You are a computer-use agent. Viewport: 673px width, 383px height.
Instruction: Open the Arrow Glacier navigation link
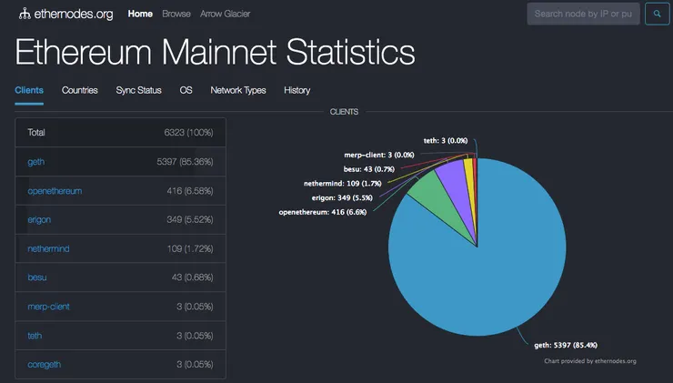[x=226, y=15]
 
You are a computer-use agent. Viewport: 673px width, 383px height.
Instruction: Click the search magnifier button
[x=657, y=14]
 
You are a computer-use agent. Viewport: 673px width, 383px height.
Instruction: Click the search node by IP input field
[x=583, y=14]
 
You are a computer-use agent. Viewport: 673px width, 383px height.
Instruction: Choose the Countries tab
[x=79, y=90]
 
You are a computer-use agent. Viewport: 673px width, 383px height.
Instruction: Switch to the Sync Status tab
[x=138, y=90]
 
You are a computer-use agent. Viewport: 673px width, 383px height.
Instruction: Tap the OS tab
[x=186, y=90]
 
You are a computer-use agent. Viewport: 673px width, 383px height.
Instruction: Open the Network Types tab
[x=237, y=90]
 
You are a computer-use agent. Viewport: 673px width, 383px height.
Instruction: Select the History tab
[x=296, y=90]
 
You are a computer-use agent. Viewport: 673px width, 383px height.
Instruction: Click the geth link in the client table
[x=36, y=161]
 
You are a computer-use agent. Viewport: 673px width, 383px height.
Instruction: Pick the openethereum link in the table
[x=55, y=190]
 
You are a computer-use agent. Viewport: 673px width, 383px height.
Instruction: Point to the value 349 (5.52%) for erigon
[x=188, y=219]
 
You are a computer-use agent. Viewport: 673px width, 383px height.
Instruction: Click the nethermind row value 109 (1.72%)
[x=188, y=248]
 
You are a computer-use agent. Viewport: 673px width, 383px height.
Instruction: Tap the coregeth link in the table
[x=47, y=365]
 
